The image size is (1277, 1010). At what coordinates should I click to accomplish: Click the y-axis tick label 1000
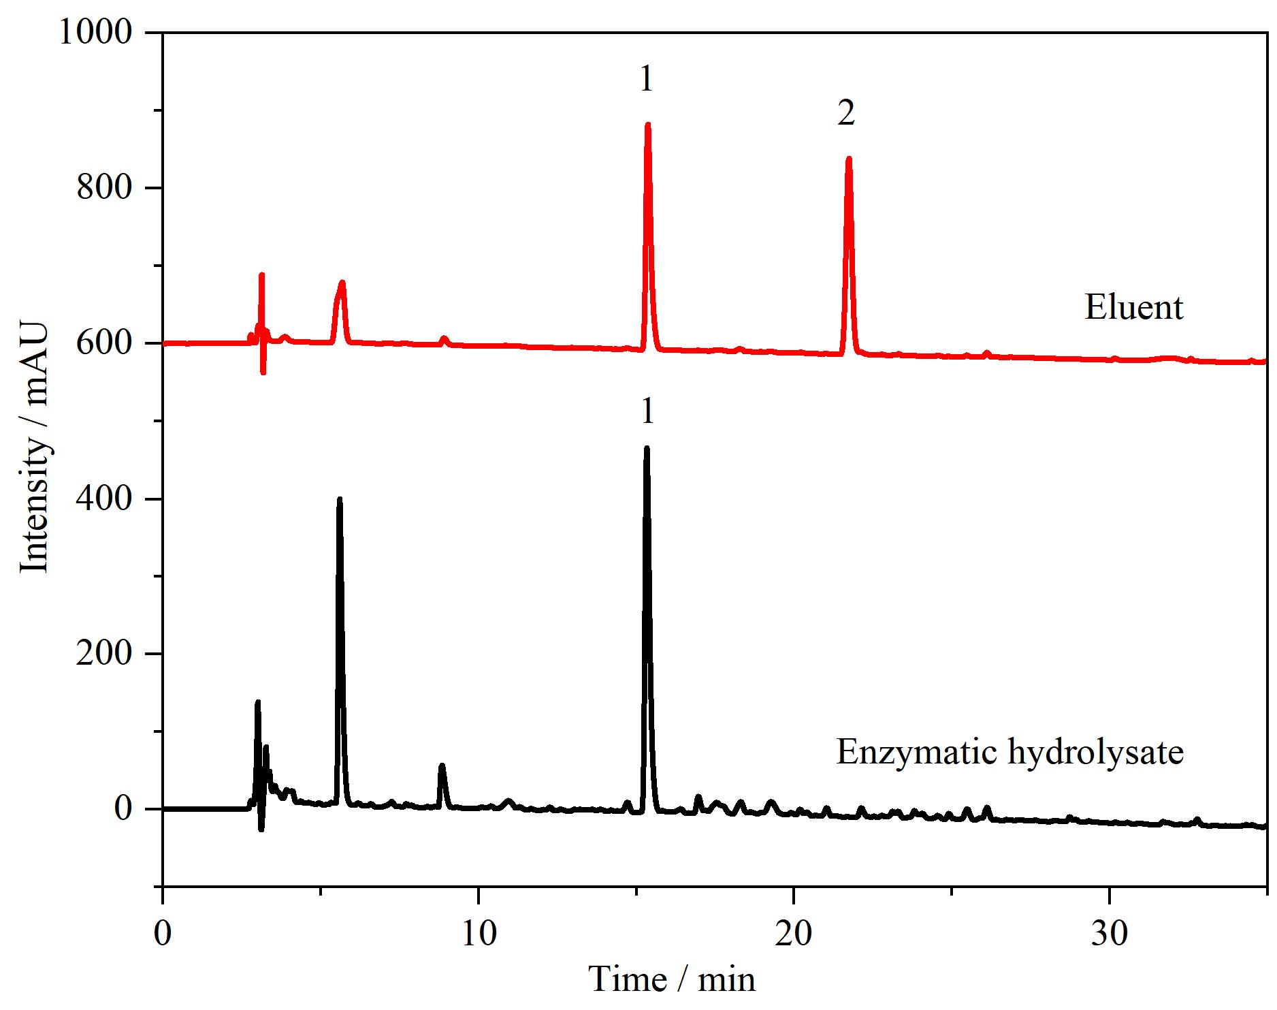pyautogui.click(x=95, y=32)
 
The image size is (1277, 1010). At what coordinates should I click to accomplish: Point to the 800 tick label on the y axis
pyautogui.click(x=103, y=187)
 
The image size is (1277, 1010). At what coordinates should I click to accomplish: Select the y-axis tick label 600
pyautogui.click(x=103, y=343)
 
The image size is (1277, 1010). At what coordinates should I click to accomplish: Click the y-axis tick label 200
pyautogui.click(x=103, y=653)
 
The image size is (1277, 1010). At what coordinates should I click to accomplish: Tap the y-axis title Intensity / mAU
pyautogui.click(x=33, y=447)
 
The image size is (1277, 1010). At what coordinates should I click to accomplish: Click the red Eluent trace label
pyautogui.click(x=1133, y=306)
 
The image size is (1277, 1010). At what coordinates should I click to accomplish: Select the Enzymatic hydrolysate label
pyautogui.click(x=1009, y=752)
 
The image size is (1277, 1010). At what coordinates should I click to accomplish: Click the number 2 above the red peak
pyautogui.click(x=846, y=113)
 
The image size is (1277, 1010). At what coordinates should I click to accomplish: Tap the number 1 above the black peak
pyautogui.click(x=647, y=411)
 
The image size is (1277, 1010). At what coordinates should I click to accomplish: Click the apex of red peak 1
pyautogui.click(x=647, y=124)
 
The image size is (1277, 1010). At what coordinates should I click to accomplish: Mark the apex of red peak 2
pyautogui.click(x=848, y=159)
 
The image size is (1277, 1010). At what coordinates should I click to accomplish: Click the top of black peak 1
pyautogui.click(x=647, y=448)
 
